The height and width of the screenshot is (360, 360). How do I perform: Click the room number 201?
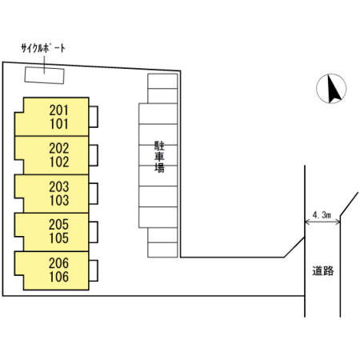coord(58,110)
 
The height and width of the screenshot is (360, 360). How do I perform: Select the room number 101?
coord(59,124)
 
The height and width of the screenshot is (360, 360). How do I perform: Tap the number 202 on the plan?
coord(59,148)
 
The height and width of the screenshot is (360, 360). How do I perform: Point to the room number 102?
coord(59,162)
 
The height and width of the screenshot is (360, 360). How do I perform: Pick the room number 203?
coord(59,186)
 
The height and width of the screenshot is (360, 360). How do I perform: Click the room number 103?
coord(59,200)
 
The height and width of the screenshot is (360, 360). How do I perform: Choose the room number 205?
coord(58,225)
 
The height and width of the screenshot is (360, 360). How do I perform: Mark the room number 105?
coord(59,238)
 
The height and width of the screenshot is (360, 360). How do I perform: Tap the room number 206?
coord(58,263)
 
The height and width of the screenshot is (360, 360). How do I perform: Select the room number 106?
coord(59,277)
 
